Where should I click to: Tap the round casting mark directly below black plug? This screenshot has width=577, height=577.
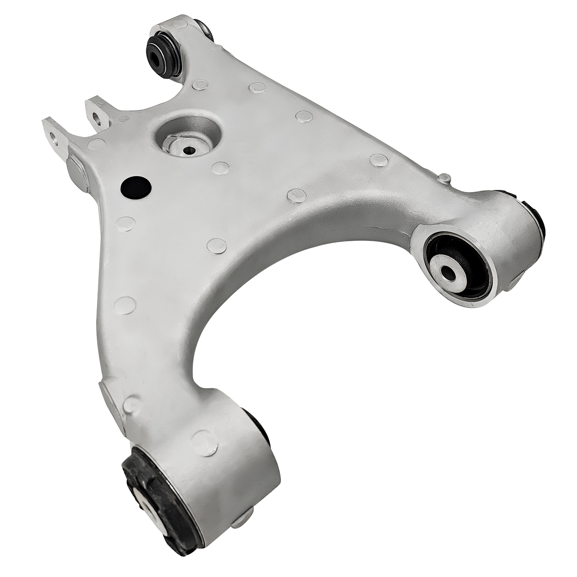126,223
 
